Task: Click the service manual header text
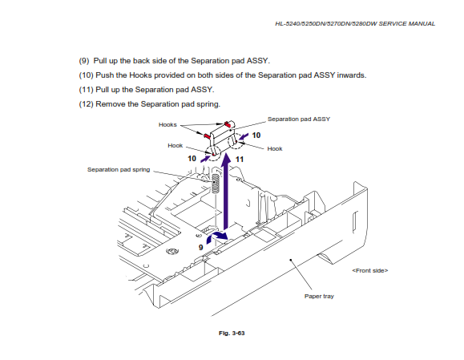point(355,24)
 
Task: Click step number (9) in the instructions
point(84,61)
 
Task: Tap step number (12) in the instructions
point(86,104)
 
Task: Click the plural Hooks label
point(167,124)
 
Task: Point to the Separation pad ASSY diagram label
point(299,119)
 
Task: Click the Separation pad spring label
point(119,170)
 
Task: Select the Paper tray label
point(319,296)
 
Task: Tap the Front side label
point(370,270)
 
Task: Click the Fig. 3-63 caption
point(232,333)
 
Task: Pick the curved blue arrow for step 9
point(216,236)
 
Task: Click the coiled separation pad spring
point(216,184)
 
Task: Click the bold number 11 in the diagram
point(240,160)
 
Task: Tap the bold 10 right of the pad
point(256,136)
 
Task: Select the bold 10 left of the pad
point(192,159)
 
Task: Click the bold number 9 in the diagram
point(201,248)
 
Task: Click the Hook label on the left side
point(176,146)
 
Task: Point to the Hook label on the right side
point(275,148)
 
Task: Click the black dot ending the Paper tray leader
point(291,260)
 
